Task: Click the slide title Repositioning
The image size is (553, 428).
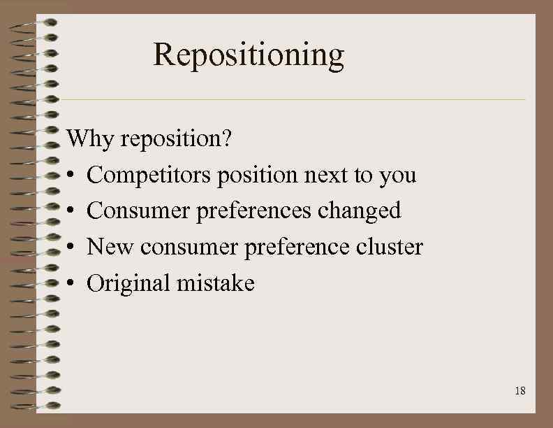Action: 249,55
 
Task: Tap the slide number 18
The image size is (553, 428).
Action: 519,391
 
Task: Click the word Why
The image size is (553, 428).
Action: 90,139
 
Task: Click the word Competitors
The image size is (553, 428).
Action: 149,175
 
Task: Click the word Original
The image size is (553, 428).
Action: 128,284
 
